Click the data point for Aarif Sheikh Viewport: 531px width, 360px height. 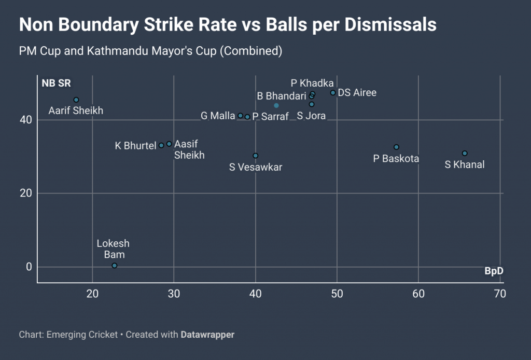[76, 100]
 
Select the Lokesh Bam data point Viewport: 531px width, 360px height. [115, 266]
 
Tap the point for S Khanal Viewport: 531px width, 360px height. [465, 153]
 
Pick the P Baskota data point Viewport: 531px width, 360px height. [396, 147]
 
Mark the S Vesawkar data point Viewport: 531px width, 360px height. [255, 156]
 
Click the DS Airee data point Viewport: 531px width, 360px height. [333, 93]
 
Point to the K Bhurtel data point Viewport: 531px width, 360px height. [161, 145]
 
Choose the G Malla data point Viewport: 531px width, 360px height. [240, 115]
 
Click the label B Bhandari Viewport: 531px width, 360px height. [282, 96]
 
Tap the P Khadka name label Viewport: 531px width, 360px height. [312, 83]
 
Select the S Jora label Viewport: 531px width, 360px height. [311, 116]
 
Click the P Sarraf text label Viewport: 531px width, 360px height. [270, 117]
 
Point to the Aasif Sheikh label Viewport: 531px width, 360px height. [189, 149]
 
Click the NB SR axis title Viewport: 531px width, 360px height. [56, 84]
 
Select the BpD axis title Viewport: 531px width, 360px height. [494, 271]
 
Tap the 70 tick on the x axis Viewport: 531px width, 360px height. [500, 294]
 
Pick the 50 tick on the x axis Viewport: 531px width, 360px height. [337, 294]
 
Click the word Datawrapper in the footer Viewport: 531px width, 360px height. [207, 335]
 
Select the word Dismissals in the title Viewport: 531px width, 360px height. [381, 24]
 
